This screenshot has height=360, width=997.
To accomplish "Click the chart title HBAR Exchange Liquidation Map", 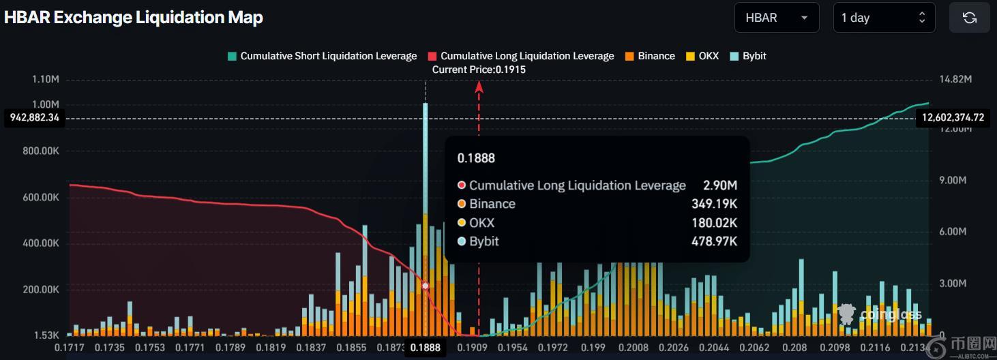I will pos(134,18).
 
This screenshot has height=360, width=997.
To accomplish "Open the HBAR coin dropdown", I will pos(776,18).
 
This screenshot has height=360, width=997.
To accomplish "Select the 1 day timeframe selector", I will pos(883,18).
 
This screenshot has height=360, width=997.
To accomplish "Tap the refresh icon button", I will pos(969,18).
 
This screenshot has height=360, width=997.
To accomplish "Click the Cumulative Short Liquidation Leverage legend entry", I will pos(322,56).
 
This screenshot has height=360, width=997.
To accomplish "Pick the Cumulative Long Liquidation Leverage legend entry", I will pos(521,56).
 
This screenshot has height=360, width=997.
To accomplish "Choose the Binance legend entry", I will pos(649,56).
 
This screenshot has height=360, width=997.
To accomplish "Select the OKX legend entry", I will pos(702,56).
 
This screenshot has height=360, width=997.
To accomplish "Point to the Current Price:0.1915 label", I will pos(479,70).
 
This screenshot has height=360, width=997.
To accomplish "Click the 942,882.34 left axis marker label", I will pos(35,118).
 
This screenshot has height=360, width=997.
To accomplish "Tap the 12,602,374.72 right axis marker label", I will pos(953,118).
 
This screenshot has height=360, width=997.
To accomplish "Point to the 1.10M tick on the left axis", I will pos(46,80).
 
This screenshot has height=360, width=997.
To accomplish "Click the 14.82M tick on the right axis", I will pos(954,80).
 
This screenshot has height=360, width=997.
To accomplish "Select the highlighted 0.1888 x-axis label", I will pos(425,348).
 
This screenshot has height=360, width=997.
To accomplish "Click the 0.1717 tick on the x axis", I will pos(69,348).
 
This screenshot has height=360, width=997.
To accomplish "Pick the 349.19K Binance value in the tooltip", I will pos(714,204).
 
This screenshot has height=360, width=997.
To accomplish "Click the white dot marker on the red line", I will pos(426,286).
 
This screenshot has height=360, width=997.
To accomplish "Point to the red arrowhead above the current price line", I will pos(479,86).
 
